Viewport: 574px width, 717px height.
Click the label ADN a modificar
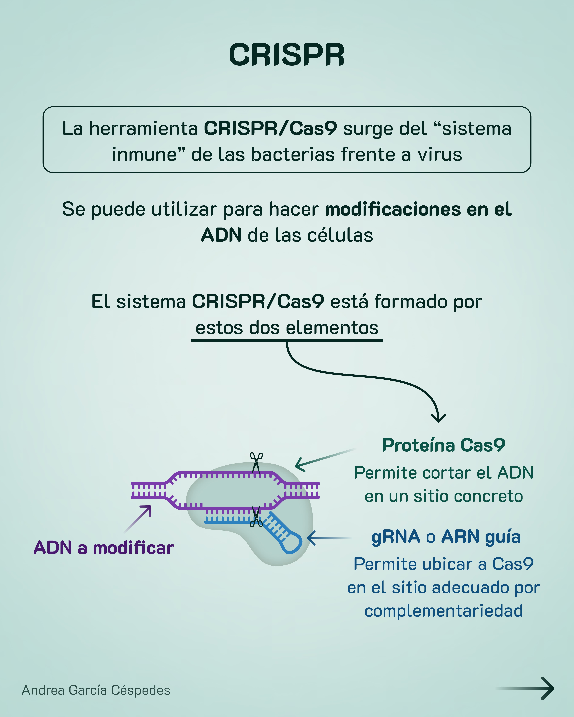point(104,548)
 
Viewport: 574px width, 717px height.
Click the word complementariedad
point(444,611)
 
